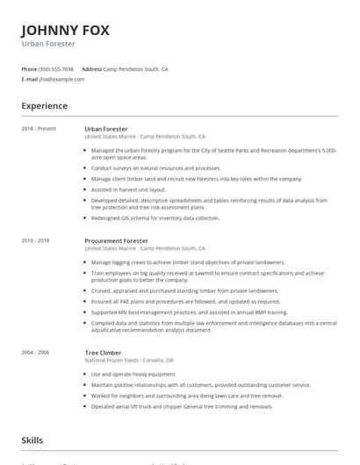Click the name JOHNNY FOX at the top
coord(66,30)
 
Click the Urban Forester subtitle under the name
coord(48,44)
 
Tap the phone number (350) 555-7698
coord(56,68)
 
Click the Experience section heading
coord(44,106)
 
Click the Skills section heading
coord(32,440)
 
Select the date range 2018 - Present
coord(39,129)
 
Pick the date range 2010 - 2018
coord(35,240)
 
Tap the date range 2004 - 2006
coord(35,352)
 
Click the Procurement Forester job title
coord(116,240)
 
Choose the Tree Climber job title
coord(103,352)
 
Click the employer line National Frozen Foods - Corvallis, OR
coord(128,360)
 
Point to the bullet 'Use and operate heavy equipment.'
coord(133,374)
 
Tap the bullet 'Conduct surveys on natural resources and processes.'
coord(155,168)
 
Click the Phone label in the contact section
coord(29,68)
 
